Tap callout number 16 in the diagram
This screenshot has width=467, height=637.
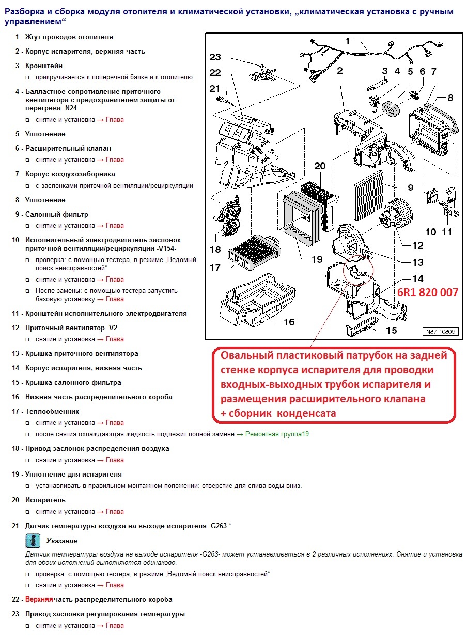coord(289,322)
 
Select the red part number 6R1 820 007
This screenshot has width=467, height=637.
coord(427,292)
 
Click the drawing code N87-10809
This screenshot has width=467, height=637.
coord(441,332)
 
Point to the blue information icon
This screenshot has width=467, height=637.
coord(33,541)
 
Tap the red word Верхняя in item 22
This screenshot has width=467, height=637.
coord(39,600)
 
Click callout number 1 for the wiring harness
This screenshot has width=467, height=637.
coord(348,41)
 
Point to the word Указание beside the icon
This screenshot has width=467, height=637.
coord(61,541)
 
